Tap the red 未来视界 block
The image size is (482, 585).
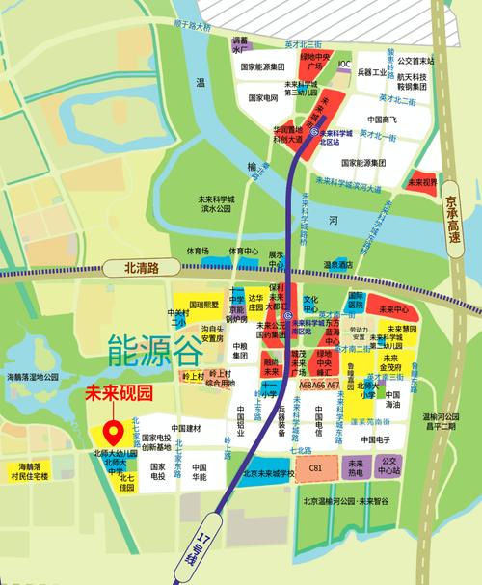coord(422,180)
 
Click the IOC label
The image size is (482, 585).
coord(344,64)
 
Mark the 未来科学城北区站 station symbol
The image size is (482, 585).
coord(314,129)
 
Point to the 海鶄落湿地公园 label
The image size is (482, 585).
coord(34,377)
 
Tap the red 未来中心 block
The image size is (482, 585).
coord(394,309)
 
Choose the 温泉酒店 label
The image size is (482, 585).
coord(338,262)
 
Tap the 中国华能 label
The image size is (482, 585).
coord(199,470)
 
